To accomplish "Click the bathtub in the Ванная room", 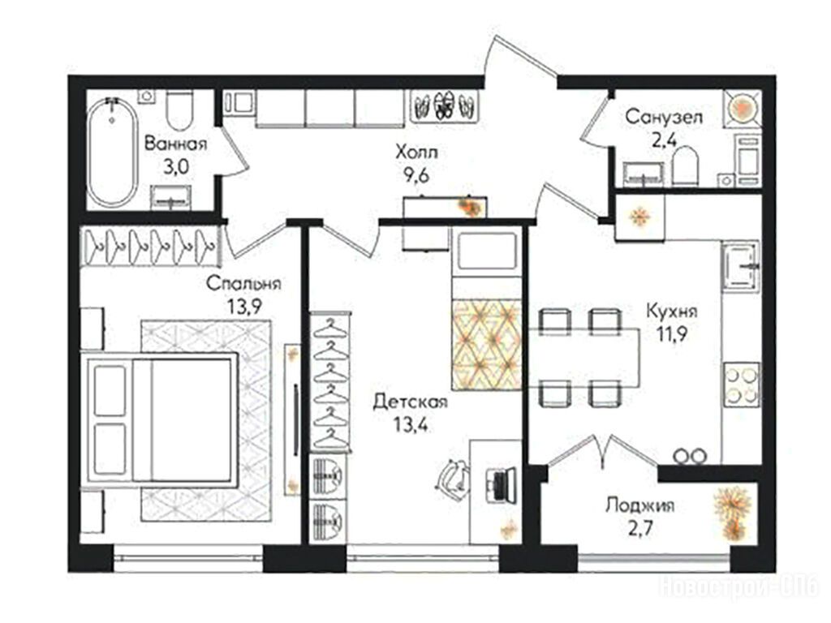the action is [x=111, y=152].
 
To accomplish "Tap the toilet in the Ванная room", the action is [x=179, y=110].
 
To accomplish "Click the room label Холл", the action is [x=416, y=153].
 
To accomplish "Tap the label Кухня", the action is [x=672, y=311].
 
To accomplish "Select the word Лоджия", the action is [x=640, y=505].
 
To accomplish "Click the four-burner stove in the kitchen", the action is [x=742, y=385].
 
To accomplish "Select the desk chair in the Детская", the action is [x=452, y=475].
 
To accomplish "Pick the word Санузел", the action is [x=664, y=117].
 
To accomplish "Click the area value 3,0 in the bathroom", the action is [x=176, y=167].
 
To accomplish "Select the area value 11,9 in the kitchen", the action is [x=672, y=335].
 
